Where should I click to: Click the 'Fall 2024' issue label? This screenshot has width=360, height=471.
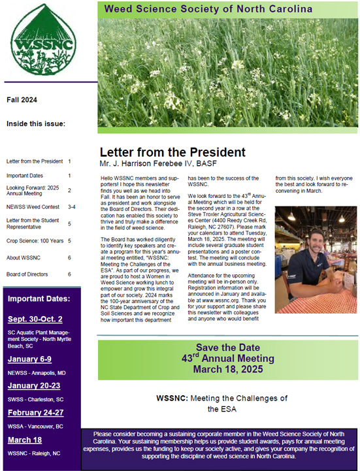click(22, 100)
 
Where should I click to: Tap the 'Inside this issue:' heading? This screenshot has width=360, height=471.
click(36, 123)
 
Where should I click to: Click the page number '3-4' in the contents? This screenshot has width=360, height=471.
click(71, 206)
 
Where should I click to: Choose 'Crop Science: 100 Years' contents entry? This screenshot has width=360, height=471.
click(33, 240)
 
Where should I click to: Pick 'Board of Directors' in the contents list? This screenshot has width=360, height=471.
click(29, 274)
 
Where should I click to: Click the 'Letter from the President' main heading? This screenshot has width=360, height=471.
click(172, 152)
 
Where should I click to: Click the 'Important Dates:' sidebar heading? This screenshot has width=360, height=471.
click(39, 299)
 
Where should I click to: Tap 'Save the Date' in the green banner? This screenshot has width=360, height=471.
click(229, 347)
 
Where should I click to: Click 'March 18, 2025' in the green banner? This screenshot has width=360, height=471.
click(229, 369)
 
